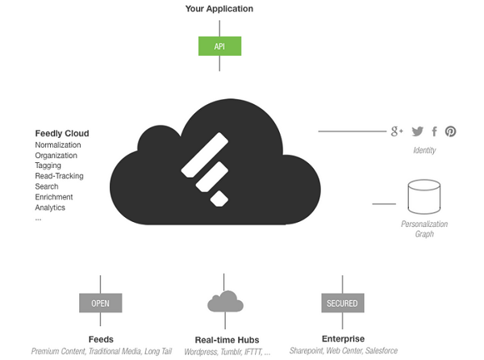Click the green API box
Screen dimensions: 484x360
tap(219, 46)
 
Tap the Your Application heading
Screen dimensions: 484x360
tap(219, 9)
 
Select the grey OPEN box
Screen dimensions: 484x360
tap(100, 303)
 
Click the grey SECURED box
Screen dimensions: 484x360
tap(343, 303)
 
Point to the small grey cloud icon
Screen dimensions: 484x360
tap(225, 301)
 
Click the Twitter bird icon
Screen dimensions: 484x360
tap(417, 132)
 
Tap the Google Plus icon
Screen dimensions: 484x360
tap(397, 132)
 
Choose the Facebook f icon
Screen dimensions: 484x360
tap(434, 132)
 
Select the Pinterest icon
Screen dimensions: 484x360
tap(450, 132)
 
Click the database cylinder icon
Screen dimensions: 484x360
tap(424, 197)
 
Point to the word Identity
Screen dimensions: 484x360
tap(424, 150)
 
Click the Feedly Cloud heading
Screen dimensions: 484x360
tap(62, 133)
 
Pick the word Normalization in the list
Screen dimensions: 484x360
tap(58, 144)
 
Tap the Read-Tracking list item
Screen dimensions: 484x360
tap(59, 176)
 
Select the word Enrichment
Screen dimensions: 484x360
tap(54, 197)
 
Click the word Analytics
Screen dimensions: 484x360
tap(50, 207)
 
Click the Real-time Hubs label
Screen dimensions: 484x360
tap(227, 340)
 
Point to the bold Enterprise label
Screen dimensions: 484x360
tap(343, 339)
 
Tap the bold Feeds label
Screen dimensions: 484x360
tap(101, 339)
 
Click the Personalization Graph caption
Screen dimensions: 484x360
tap(424, 228)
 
